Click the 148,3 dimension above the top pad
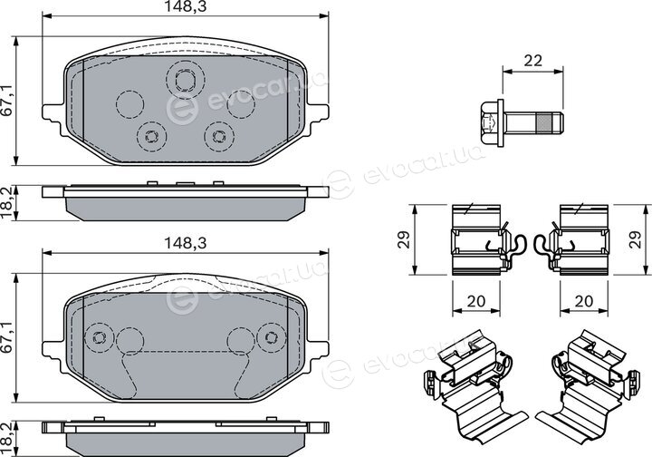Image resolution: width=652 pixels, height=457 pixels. click(186, 6)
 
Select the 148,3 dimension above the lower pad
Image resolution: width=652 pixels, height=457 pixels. click(186, 243)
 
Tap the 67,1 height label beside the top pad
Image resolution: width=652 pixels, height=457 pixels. click(8, 100)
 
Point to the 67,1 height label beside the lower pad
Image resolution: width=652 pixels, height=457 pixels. click(8, 337)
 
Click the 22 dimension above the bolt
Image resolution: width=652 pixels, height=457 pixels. click(533, 61)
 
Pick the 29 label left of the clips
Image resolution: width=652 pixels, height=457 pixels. click(404, 239)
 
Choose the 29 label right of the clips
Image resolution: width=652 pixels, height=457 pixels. click(636, 239)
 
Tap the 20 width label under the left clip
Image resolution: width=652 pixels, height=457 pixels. click(476, 300)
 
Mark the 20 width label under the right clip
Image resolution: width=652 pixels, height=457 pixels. click(583, 300)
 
